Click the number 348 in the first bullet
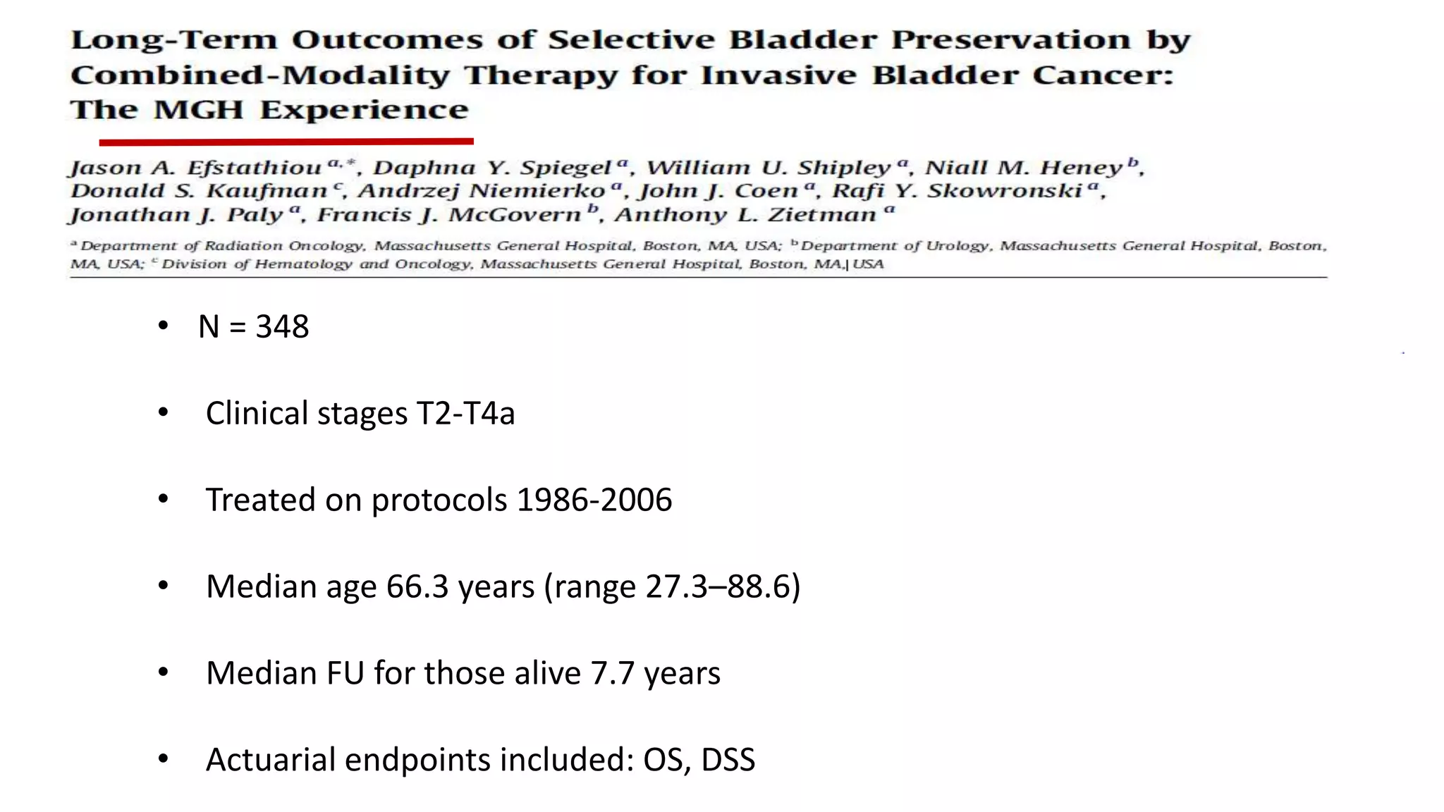pyautogui.click(x=282, y=327)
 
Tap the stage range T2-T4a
pyautogui.click(x=465, y=414)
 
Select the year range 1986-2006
pyautogui.click(x=594, y=500)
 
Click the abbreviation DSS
pyautogui.click(x=728, y=761)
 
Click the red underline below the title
pyautogui.click(x=286, y=142)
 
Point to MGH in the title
pyautogui.click(x=198, y=110)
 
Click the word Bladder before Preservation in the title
pyautogui.click(x=803, y=40)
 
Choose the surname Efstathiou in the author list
pyautogui.click(x=255, y=168)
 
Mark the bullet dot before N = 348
pyautogui.click(x=164, y=326)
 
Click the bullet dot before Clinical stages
pyautogui.click(x=164, y=413)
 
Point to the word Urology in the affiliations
pyautogui.click(x=958, y=246)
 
